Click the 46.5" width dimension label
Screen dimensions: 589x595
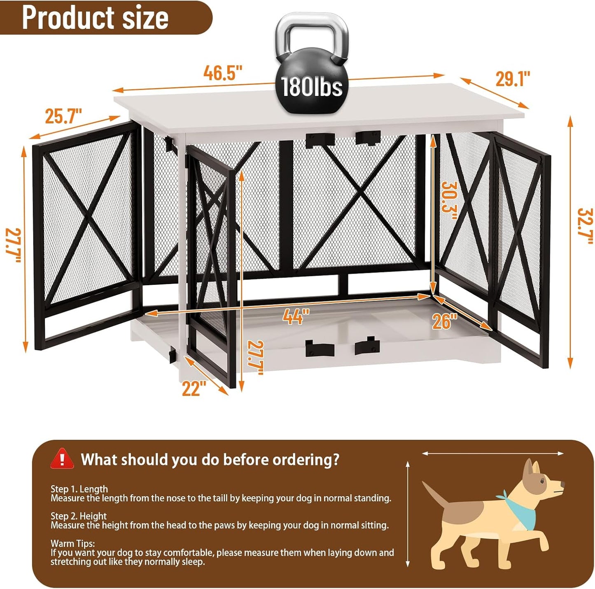[223, 73]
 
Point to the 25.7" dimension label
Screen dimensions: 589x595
[63, 116]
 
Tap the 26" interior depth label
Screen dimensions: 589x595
[445, 321]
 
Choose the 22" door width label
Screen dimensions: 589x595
[194, 389]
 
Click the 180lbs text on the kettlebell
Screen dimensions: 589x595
[312, 87]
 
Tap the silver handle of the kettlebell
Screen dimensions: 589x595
[312, 31]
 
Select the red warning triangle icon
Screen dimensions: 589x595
[62, 459]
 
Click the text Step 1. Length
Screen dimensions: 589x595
[79, 489]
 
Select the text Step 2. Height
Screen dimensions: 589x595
[79, 516]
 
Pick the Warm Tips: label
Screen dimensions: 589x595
[72, 544]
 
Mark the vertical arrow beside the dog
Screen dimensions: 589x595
[408, 514]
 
